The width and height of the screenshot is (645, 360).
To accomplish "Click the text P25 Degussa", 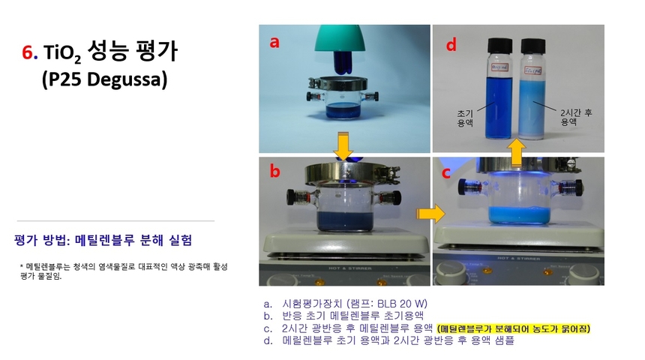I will click(103, 79).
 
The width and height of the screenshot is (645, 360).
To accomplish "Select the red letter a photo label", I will click(274, 43).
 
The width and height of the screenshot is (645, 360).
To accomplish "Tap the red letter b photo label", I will click(275, 172).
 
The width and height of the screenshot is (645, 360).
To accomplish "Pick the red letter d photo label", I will click(451, 45).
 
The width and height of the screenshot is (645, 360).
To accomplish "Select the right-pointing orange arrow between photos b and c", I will click(430, 214).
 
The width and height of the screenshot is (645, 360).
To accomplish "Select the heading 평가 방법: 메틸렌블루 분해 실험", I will click(103, 241).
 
